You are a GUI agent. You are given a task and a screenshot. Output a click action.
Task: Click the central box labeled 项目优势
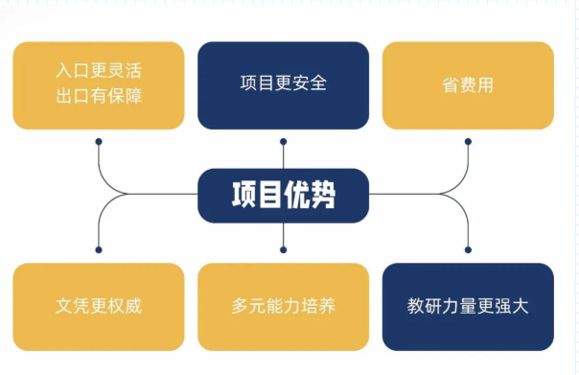(284, 195)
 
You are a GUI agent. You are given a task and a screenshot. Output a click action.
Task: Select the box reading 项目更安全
(284, 84)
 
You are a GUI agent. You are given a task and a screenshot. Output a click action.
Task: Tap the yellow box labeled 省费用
(468, 84)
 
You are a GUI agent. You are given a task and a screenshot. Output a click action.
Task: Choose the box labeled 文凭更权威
(99, 307)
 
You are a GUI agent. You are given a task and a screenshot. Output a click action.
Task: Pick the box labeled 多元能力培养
(284, 307)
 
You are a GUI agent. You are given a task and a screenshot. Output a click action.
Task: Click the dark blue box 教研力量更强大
(468, 307)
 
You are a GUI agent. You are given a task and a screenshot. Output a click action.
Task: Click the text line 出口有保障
(100, 97)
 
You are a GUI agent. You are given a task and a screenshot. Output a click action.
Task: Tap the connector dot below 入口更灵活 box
(99, 141)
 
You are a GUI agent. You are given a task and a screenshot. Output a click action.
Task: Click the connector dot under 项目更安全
(284, 141)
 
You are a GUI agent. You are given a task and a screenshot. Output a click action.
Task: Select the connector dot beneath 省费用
(468, 141)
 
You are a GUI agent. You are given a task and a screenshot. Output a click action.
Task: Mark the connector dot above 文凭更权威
(99, 249)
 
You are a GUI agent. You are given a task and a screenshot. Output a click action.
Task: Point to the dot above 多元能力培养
(284, 249)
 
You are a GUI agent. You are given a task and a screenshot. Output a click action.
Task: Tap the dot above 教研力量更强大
(468, 249)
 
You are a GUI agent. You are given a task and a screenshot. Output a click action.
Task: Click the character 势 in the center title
(324, 195)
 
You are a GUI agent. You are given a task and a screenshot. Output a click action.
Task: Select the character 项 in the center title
(243, 195)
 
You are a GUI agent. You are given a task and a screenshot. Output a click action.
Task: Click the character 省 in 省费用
(451, 84)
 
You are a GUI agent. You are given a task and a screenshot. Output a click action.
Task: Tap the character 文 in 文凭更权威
(64, 308)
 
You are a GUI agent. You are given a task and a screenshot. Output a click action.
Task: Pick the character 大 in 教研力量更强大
(521, 308)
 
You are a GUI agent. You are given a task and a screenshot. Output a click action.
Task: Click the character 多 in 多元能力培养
(241, 308)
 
